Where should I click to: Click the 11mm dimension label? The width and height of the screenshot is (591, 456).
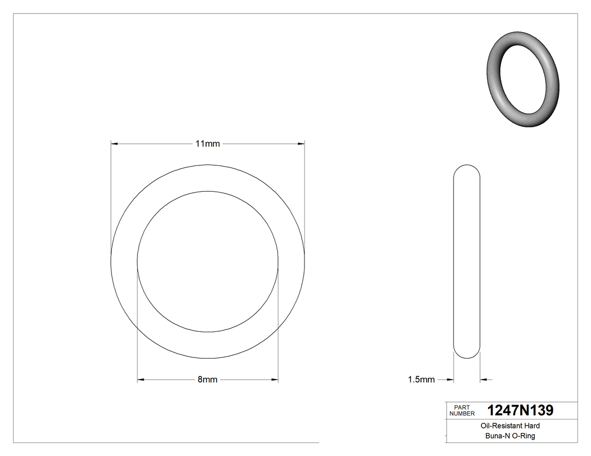pos(207,144)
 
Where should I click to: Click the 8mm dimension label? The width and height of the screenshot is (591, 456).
pos(207,380)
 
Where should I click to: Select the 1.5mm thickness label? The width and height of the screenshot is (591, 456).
pos(421,380)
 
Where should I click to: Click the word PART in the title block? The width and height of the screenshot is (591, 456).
pos(462,407)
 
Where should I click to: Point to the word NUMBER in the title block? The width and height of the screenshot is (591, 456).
pos(462,413)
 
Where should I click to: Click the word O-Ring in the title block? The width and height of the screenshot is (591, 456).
pos(523,436)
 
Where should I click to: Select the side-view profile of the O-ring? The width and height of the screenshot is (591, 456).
pos(467,261)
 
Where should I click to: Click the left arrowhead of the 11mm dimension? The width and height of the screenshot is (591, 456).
pos(114,144)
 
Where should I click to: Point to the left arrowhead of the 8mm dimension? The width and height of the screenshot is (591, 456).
pos(141,380)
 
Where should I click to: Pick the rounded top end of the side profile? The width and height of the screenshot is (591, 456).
pos(467,169)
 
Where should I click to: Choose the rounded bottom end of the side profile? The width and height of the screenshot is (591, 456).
pos(467,354)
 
